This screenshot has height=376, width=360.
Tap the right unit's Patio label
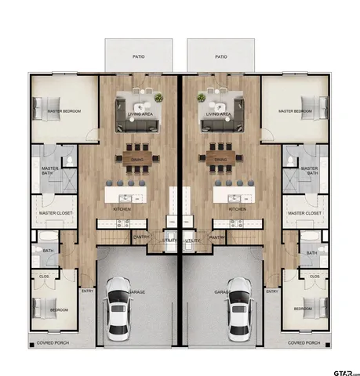click(220, 56)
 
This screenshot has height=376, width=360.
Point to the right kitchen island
click(233, 191)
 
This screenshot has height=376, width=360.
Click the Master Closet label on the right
click(304, 212)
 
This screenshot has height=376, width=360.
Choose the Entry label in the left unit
click(87, 291)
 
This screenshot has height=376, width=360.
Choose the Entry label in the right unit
click(271, 291)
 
